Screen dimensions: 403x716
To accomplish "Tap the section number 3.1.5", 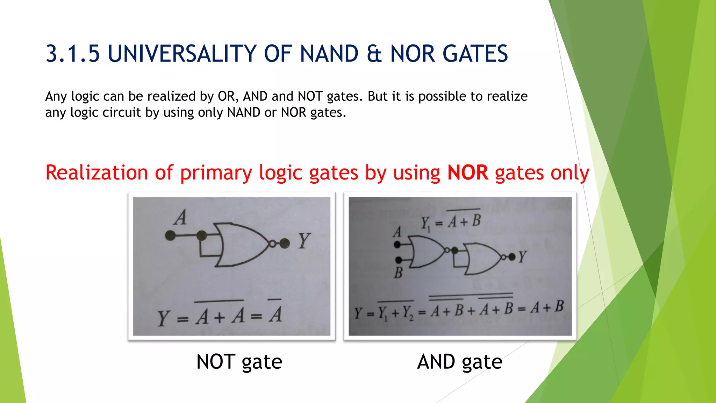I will pos(73,54).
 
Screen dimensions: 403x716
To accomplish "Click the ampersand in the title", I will pos(374,54).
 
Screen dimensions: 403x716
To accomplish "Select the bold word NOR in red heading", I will pos(467,173).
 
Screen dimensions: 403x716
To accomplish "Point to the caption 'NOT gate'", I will pos(239,362).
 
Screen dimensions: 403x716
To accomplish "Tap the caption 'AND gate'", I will pos(460,362).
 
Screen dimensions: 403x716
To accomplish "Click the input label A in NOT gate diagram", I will pos(180,218).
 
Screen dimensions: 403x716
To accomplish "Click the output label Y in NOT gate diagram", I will pos(303,241).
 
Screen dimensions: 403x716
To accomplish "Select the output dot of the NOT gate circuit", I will pos(285,243).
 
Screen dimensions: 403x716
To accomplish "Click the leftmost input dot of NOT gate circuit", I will pos(170,235).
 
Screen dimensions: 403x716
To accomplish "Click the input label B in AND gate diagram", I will pos(398,273).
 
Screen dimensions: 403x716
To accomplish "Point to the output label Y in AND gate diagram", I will pos(522,257).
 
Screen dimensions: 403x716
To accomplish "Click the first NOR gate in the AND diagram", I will pos(427,252).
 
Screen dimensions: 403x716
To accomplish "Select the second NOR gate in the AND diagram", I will pos(481,259).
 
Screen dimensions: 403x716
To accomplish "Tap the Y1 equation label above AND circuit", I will pos(451,222).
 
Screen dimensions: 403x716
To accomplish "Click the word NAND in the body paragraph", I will pos(244,112).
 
